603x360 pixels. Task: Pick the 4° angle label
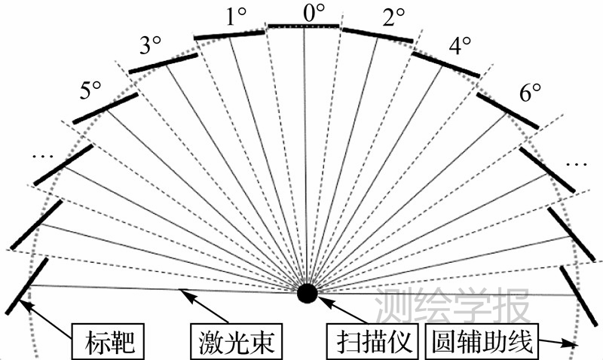460,46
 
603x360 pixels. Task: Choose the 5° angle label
90,90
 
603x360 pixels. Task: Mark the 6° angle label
531,93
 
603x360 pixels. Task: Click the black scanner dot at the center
307,293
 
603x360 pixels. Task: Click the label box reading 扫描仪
370,343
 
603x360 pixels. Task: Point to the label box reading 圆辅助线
479,343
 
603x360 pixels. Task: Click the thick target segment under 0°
304,26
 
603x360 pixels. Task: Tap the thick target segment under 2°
378,34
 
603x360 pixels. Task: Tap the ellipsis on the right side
577,163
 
